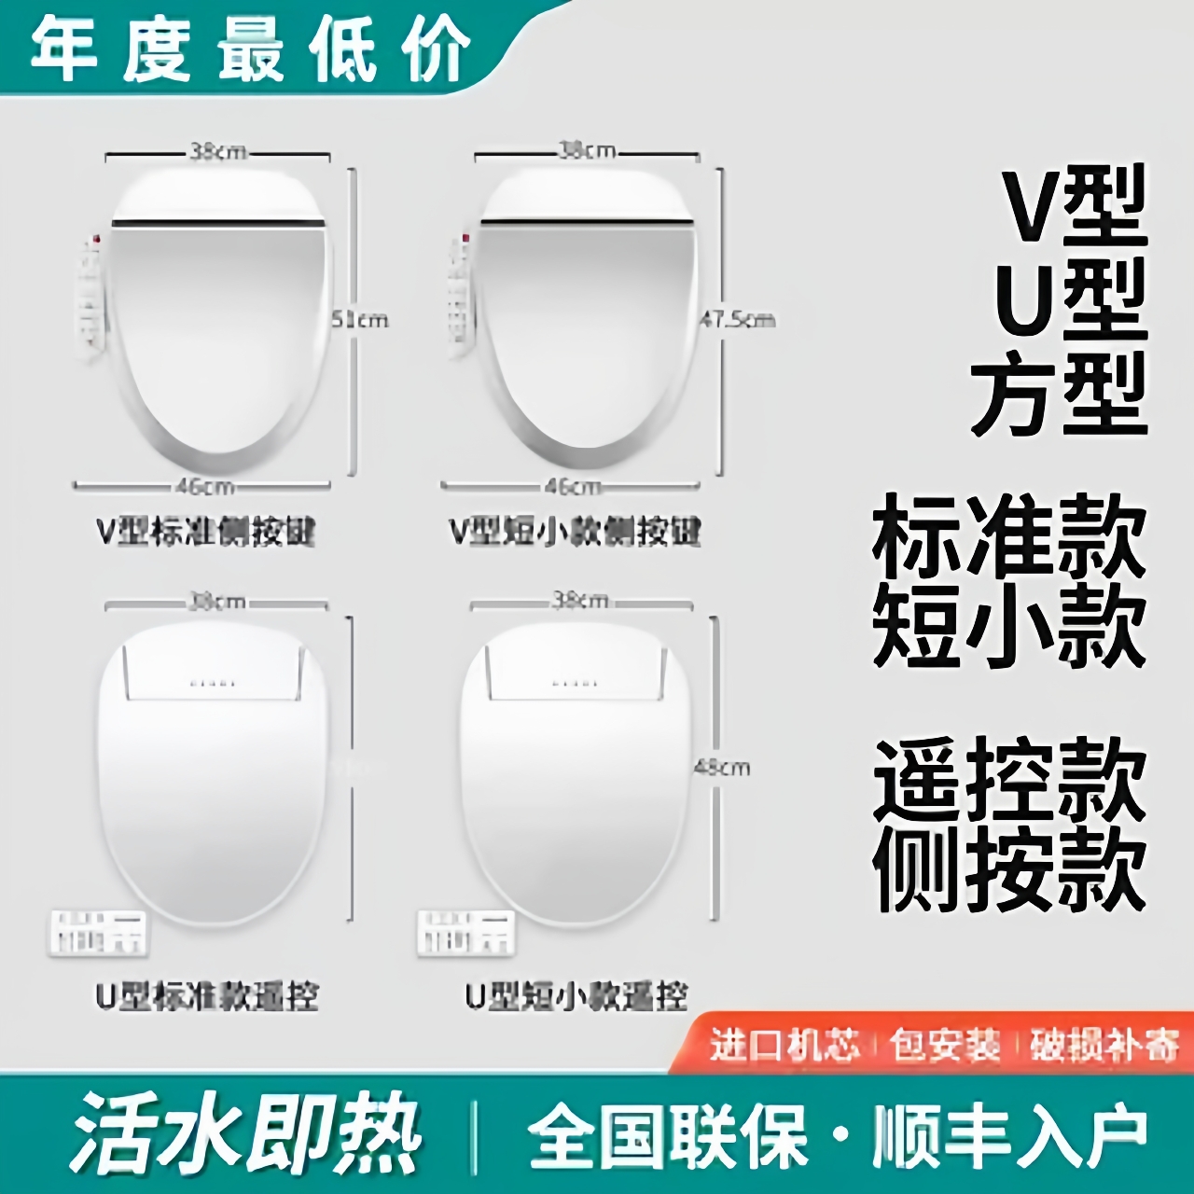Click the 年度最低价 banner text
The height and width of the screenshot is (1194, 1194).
pos(250,49)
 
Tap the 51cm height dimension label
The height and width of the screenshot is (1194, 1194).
pos(361,320)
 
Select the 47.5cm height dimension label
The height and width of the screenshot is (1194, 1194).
pos(738,320)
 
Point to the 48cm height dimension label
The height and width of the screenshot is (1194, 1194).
pos(722,768)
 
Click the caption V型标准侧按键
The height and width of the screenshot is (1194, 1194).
pos(206,532)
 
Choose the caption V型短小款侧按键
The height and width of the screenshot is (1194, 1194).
pos(575,532)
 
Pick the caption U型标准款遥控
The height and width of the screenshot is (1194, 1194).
pos(206,996)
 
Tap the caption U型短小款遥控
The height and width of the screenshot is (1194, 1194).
pos(576,996)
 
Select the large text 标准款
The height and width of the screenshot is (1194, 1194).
pos(1009,539)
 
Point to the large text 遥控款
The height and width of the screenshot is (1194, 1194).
pos(1009,779)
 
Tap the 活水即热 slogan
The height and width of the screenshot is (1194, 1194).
pos(245,1132)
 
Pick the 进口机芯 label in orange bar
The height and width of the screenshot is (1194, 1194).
pos(784,1045)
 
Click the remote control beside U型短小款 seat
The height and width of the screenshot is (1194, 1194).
pos(465,931)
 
